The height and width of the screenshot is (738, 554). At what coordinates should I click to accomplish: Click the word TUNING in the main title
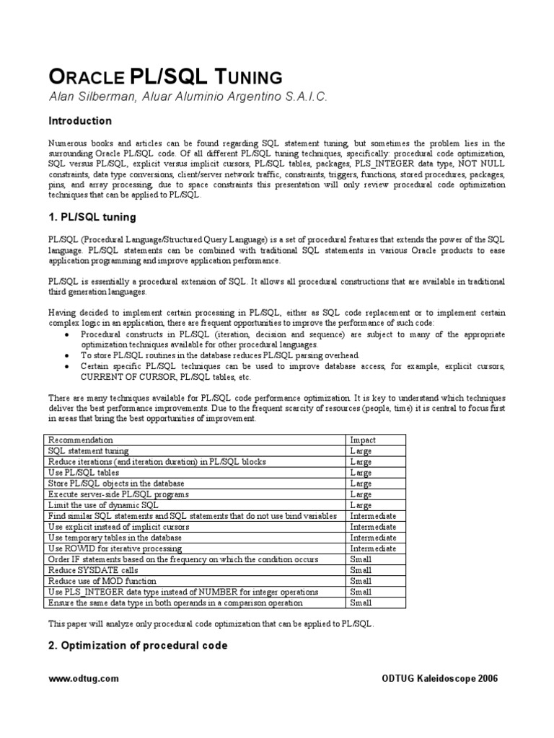pos(241,77)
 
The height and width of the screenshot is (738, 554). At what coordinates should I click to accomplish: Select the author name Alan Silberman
pos(92,97)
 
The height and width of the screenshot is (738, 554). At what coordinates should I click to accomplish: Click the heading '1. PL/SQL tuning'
pos(92,217)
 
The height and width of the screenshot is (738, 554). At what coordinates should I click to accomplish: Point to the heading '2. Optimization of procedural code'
pos(138,645)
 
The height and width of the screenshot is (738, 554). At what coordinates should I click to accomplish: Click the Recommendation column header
pos(80,440)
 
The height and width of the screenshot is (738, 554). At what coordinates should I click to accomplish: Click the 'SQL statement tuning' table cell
pos(89,451)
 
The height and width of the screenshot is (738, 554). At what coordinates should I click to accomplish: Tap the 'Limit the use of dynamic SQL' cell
pos(103,505)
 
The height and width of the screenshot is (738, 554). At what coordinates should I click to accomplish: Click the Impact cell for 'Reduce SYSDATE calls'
pos(361,570)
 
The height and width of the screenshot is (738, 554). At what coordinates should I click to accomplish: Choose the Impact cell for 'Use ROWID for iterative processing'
pos(373,548)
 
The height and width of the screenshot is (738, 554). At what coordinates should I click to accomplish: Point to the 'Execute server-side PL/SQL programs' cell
pos(119,494)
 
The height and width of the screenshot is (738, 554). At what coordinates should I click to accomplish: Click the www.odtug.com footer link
pos(83,679)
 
